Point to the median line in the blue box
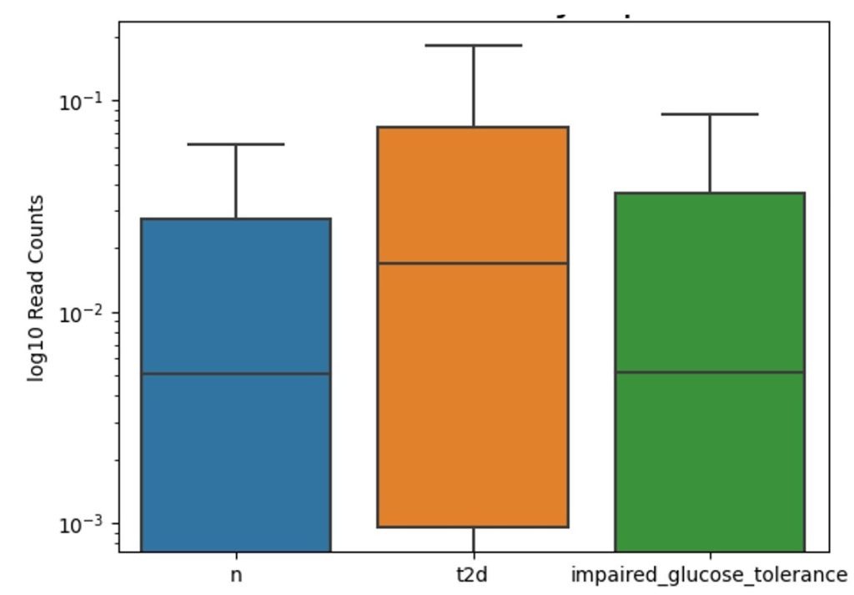[235, 373]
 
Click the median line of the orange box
[473, 263]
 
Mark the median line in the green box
[710, 371]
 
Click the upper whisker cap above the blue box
[235, 144]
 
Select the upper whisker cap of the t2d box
[473, 45]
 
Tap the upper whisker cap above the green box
[710, 114]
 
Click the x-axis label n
[236, 575]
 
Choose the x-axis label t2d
[473, 575]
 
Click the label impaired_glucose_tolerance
[709, 575]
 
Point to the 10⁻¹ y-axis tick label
[78, 101]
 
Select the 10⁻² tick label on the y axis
[78, 313]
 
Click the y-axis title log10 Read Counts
[35, 288]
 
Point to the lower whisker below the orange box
[473, 539]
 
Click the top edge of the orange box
[473, 127]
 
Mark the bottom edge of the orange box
[473, 527]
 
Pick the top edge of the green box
[710, 193]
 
